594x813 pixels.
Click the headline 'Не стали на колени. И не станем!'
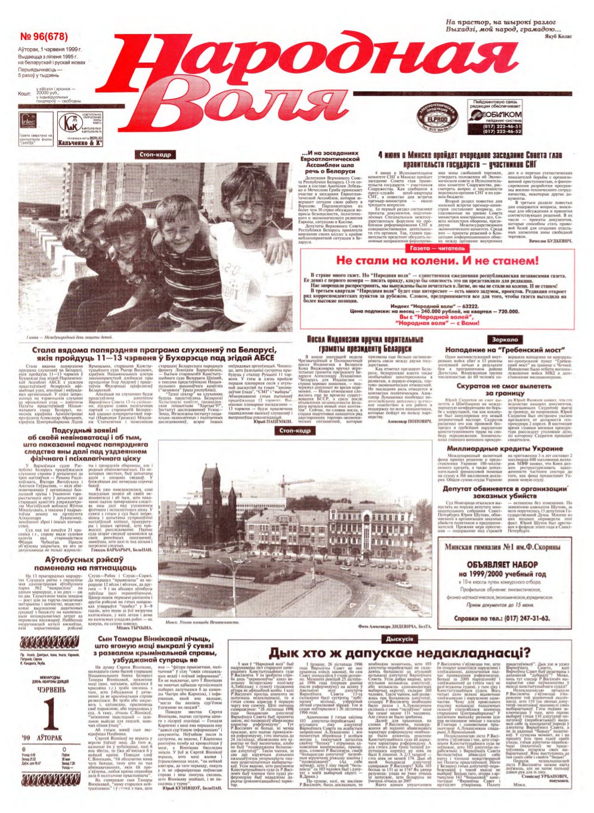point(437,261)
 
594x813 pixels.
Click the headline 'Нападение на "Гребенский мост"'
point(504,350)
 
